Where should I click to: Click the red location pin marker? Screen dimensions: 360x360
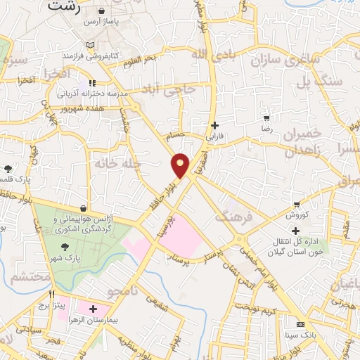181,165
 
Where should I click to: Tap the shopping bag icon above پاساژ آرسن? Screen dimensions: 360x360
103,12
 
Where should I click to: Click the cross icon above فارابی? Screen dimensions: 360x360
214,124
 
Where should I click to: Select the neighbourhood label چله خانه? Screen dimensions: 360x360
141,162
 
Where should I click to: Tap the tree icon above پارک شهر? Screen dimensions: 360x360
65,247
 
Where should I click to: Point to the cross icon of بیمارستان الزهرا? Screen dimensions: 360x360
92,309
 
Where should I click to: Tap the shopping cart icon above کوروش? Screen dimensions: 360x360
297,205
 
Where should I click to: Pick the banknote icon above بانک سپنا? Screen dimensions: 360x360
301,324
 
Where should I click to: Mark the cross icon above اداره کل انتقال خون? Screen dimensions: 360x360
295,231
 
